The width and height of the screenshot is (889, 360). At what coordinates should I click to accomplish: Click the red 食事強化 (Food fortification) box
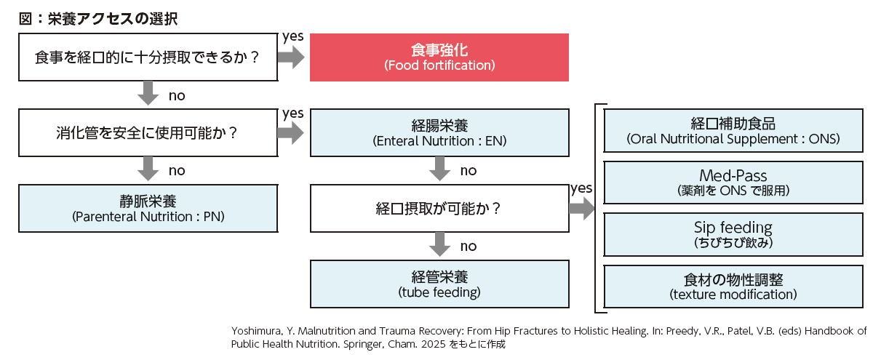[x=439, y=58]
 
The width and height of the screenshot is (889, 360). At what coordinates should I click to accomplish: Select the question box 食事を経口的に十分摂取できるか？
[x=148, y=58]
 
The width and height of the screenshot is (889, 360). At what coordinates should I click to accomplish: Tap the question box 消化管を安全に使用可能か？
[x=148, y=133]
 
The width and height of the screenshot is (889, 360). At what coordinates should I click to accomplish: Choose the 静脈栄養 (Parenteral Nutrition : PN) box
[x=148, y=208]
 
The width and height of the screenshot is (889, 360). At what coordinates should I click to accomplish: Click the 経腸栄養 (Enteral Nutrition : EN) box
[x=439, y=132]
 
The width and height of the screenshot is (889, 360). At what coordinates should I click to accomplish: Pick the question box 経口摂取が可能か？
[x=439, y=209]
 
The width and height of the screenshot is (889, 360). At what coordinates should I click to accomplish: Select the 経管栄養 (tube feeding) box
[x=439, y=284]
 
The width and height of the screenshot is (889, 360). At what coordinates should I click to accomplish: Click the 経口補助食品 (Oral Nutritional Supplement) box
[x=733, y=131]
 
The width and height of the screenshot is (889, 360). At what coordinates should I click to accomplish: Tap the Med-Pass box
[x=733, y=183]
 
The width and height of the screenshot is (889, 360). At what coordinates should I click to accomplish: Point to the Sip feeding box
[x=733, y=234]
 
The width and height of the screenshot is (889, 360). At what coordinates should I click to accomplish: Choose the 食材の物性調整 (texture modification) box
[x=733, y=286]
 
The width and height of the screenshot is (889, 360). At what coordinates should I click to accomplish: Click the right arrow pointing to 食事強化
[x=291, y=57]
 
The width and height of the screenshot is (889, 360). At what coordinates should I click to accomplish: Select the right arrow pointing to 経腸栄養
[x=291, y=132]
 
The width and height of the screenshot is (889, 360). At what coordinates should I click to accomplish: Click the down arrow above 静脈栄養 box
[x=148, y=169]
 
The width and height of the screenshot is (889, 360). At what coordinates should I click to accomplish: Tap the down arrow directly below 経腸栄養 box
[x=439, y=169]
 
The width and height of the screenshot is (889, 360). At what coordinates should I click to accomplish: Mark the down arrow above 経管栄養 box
[x=439, y=245]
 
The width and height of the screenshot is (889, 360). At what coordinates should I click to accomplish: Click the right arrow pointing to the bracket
[x=582, y=209]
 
